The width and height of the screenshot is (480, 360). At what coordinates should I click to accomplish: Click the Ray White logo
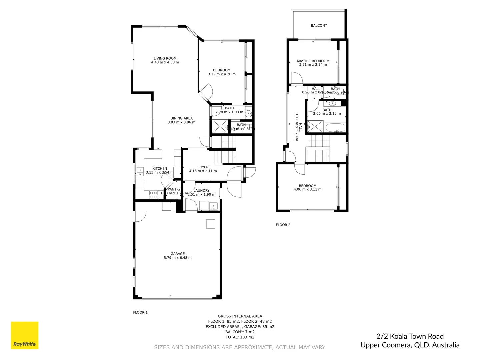[25, 335]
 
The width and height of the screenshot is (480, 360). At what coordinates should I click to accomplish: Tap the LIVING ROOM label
[165, 58]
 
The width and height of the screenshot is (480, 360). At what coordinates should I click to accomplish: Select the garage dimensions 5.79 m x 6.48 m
[178, 258]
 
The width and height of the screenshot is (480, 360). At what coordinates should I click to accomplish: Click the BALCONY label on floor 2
[319, 25]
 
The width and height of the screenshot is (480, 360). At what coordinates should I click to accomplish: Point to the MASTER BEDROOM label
[313, 61]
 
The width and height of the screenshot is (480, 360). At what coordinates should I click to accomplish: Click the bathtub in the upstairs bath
[336, 128]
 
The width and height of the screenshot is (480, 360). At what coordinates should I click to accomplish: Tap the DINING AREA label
[181, 118]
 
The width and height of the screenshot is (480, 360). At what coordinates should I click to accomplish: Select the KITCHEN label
[160, 169]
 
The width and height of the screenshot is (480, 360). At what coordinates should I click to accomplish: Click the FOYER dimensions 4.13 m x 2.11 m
[203, 171]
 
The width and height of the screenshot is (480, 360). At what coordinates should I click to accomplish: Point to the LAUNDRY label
[201, 191]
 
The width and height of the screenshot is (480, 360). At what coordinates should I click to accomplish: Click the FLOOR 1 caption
[140, 312]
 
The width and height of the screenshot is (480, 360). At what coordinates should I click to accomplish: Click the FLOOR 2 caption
[283, 225]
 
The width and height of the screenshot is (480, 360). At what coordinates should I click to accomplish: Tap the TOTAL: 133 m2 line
[240, 337]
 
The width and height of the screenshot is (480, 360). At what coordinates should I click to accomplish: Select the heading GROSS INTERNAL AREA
[240, 316]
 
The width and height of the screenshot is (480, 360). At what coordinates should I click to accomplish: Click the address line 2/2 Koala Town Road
[410, 336]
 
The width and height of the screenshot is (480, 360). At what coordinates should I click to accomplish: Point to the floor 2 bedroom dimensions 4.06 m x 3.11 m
[307, 189]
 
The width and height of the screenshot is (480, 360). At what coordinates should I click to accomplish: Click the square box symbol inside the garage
[210, 224]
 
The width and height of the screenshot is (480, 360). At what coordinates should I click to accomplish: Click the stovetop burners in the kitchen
[154, 195]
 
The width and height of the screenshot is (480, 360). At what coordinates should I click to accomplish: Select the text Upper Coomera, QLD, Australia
[410, 345]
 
